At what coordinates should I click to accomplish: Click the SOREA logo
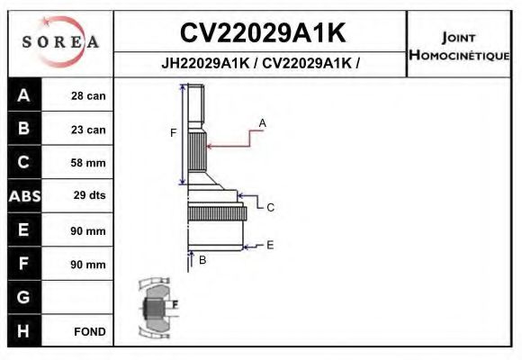(60, 42)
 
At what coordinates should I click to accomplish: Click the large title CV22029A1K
(262, 33)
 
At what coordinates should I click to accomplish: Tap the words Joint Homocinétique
(460, 46)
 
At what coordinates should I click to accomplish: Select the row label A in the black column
(24, 96)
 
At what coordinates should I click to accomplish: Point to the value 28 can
(88, 96)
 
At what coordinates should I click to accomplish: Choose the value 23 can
(88, 130)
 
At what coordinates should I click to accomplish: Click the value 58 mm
(88, 163)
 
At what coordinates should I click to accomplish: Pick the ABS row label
(24, 196)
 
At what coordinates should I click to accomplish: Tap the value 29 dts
(88, 196)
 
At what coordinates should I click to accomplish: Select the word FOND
(89, 331)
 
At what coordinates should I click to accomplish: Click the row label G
(24, 297)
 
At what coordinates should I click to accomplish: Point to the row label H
(24, 331)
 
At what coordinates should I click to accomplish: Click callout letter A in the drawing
(263, 121)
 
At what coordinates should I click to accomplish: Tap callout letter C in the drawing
(270, 207)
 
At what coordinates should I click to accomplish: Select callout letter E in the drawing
(270, 245)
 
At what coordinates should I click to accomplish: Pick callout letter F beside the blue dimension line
(173, 133)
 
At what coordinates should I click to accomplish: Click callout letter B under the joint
(202, 260)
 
